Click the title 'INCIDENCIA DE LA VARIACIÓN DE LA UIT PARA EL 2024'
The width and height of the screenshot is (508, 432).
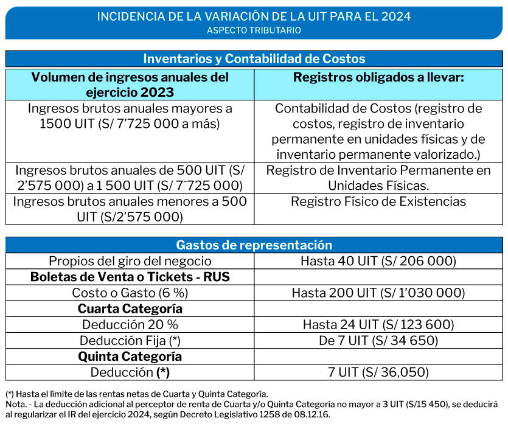tap(254, 16)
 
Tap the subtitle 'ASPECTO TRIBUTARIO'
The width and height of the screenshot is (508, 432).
tap(254, 30)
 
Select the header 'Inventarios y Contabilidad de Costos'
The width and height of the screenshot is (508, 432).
tap(254, 58)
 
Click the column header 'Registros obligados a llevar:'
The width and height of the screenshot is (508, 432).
tap(378, 77)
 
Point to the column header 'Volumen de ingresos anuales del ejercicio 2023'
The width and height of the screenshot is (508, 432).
tap(130, 85)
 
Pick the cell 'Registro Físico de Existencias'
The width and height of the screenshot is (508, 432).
tap(378, 201)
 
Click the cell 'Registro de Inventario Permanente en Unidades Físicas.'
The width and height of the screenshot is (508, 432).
tap(378, 178)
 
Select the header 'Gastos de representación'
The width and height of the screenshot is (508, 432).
tap(254, 245)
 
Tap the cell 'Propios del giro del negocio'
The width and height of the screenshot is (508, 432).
tap(130, 261)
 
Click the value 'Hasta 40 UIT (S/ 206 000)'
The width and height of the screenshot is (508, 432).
tap(378, 261)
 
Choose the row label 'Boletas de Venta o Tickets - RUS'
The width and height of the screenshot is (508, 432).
tap(130, 277)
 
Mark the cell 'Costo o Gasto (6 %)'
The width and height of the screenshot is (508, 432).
tap(130, 293)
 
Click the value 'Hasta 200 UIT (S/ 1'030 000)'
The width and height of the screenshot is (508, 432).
tap(378, 293)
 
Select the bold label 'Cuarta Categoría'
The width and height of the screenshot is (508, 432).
tap(130, 308)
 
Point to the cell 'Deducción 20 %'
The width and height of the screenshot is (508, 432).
tap(130, 324)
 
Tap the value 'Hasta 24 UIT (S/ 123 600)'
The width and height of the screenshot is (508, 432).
tap(378, 324)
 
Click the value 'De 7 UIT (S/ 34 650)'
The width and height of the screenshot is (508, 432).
tap(378, 340)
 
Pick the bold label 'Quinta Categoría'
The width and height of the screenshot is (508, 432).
tap(130, 356)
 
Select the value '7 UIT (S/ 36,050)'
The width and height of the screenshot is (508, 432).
tap(378, 372)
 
